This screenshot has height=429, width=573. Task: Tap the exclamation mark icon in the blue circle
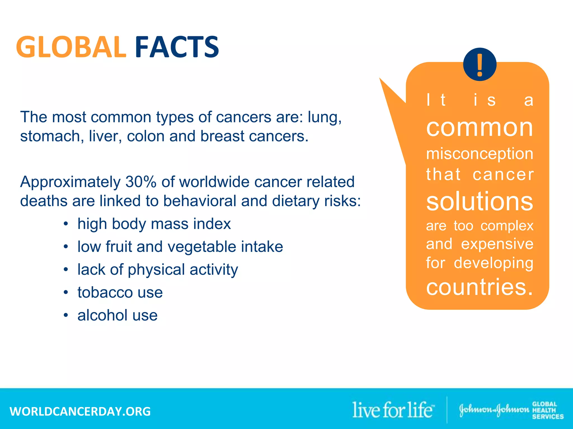click(480, 65)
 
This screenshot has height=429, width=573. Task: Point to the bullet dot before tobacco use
click(66, 292)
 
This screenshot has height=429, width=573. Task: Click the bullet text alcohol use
click(118, 315)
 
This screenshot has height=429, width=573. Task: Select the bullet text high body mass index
click(154, 224)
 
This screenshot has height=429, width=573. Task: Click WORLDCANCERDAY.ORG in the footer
click(80, 411)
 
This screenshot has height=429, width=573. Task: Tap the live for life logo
click(393, 410)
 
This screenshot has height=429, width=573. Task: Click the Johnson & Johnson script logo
click(494, 410)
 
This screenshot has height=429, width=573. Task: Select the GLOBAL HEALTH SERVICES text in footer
click(547, 410)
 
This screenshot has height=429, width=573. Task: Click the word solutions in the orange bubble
click(480, 202)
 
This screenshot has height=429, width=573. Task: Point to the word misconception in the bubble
click(480, 154)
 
